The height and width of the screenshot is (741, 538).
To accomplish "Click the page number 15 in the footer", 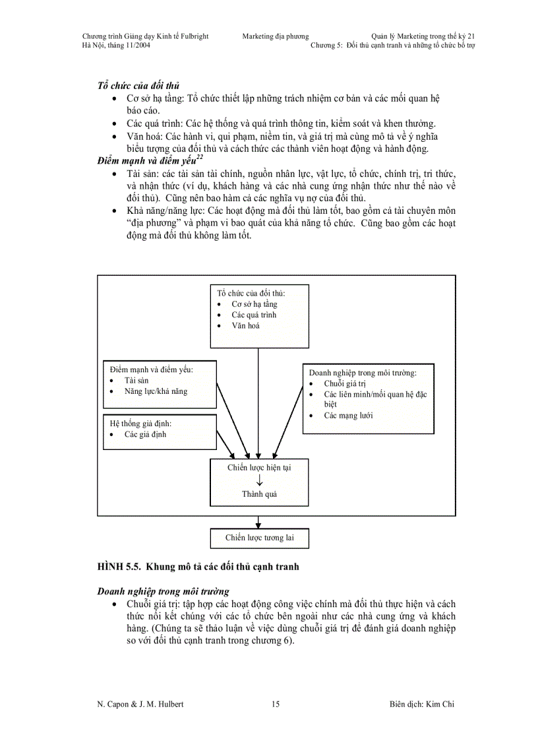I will [275, 704].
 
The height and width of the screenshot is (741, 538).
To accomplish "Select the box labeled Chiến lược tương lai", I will [259, 538].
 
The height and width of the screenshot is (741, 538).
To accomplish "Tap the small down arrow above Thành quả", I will [259, 480].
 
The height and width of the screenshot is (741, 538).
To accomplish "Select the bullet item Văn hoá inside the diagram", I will [245, 325].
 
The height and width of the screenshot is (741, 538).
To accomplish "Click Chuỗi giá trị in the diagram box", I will [344, 383].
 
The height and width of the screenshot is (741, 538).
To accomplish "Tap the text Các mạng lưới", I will [348, 416].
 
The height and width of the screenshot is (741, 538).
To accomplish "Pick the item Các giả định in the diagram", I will [145, 434].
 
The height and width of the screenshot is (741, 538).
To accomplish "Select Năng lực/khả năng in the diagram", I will [156, 391].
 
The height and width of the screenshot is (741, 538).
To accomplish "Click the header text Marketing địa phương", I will [275, 36].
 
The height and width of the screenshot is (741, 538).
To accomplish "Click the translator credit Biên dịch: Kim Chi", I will [422, 704].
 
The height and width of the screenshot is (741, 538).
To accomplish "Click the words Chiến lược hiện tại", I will [259, 468].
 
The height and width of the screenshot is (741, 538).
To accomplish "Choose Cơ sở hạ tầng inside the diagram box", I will [254, 304].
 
